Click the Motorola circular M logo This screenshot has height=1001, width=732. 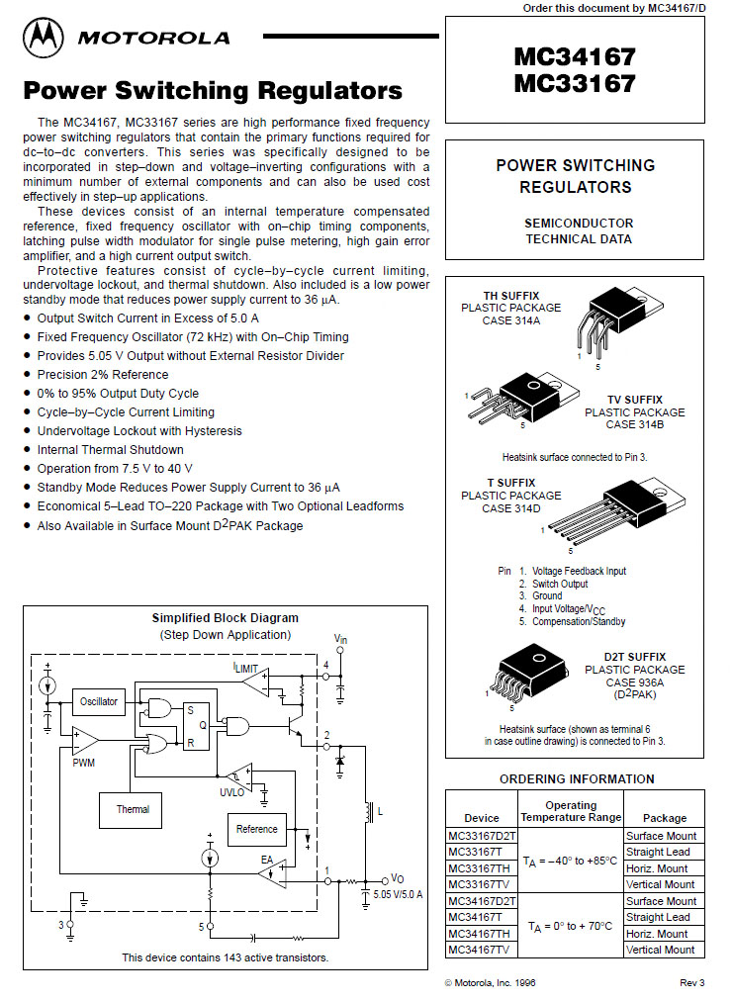point(45,38)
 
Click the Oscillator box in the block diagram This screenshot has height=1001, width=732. point(99,701)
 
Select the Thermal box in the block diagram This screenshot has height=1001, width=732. point(133,809)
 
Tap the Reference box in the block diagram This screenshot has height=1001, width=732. point(257,829)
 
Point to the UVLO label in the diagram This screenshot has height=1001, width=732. point(231,792)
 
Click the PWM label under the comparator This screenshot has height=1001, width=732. point(84,764)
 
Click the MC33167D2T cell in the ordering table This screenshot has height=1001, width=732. point(483,836)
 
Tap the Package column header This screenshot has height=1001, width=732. point(664,818)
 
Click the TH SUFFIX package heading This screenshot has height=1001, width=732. point(510,295)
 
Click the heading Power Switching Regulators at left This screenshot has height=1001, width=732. point(213,91)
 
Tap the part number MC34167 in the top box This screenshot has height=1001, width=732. point(574,56)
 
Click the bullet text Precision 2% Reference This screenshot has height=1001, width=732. point(103,375)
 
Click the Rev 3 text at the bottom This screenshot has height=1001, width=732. point(691,982)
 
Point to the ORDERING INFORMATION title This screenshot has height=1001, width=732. point(576,778)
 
